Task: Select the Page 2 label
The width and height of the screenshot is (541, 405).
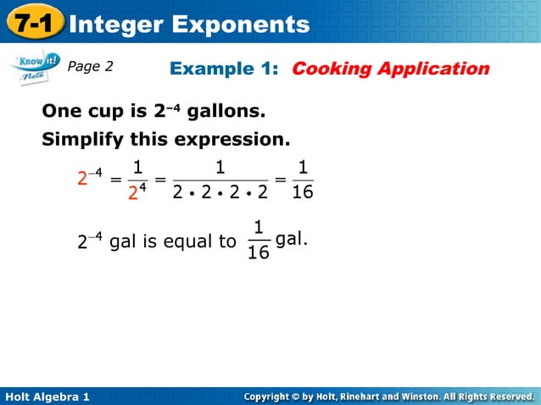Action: click(x=90, y=66)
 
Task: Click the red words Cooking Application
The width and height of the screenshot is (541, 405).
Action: click(x=390, y=68)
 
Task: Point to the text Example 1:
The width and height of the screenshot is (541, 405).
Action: click(x=226, y=68)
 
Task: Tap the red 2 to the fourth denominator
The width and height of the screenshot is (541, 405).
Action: click(x=137, y=193)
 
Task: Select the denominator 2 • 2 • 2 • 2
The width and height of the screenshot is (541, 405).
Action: click(x=220, y=192)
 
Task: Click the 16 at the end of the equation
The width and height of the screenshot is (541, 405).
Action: click(x=302, y=192)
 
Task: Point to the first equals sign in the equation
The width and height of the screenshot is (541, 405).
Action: click(x=114, y=179)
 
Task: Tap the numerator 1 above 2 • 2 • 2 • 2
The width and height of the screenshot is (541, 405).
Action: click(x=220, y=166)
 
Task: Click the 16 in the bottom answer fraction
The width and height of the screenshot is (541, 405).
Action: click(x=259, y=252)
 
